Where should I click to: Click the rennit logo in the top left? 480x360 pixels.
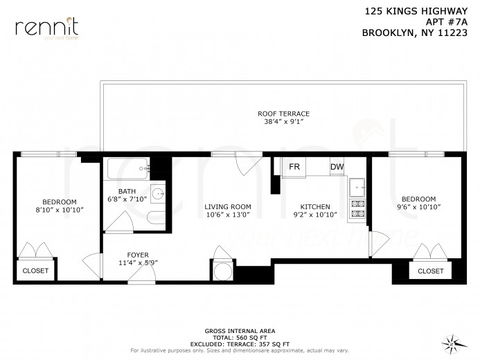(x=46, y=28)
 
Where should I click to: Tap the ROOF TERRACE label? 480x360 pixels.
(x=283, y=114)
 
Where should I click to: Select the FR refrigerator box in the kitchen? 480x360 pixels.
(x=294, y=167)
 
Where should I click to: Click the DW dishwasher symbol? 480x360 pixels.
(x=337, y=167)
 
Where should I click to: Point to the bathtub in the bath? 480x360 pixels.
(x=127, y=166)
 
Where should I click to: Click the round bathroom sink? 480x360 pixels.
(x=157, y=193)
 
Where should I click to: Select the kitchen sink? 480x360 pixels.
(x=357, y=186)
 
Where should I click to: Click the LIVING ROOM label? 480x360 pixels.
(x=227, y=207)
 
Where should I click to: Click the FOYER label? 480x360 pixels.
(x=137, y=254)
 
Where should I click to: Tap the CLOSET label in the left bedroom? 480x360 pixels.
(x=36, y=271)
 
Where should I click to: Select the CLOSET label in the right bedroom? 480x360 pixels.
(x=430, y=271)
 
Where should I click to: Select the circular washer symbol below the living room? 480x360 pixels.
(x=222, y=271)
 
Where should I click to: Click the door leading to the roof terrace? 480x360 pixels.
(x=245, y=163)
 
